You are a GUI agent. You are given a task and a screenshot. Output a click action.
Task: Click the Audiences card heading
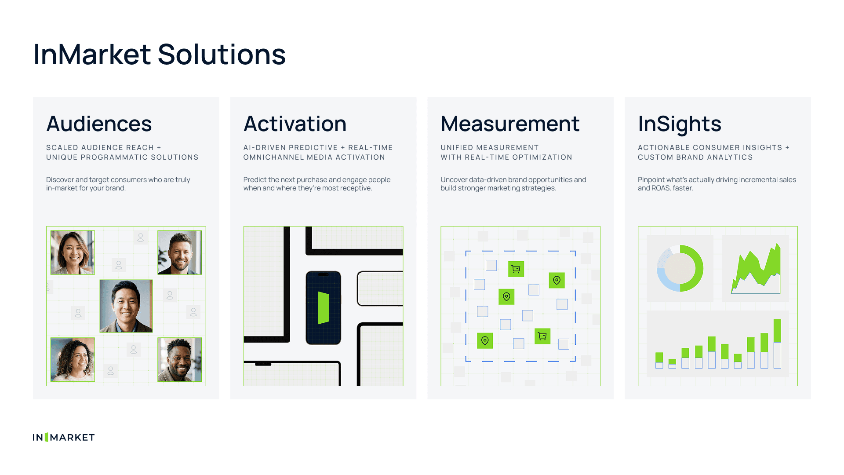tap(99, 124)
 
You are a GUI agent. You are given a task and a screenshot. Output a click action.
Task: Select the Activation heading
tap(295, 124)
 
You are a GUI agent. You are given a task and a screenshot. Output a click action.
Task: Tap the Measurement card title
tap(510, 124)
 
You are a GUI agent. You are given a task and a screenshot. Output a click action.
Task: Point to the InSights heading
tap(680, 124)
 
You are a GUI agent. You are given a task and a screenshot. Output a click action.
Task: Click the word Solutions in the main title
tap(222, 55)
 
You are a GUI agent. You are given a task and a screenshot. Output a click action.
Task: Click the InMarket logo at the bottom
tap(64, 437)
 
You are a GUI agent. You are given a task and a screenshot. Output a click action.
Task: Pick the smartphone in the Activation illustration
tap(323, 308)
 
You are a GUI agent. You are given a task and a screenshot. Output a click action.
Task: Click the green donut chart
tap(680, 268)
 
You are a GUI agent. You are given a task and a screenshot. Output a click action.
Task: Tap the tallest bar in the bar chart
tap(777, 343)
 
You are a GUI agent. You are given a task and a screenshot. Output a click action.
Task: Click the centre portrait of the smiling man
tap(126, 306)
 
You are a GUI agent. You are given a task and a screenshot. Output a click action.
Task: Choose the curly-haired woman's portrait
tap(73, 360)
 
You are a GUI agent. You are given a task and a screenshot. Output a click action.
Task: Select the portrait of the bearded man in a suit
tap(180, 252)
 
